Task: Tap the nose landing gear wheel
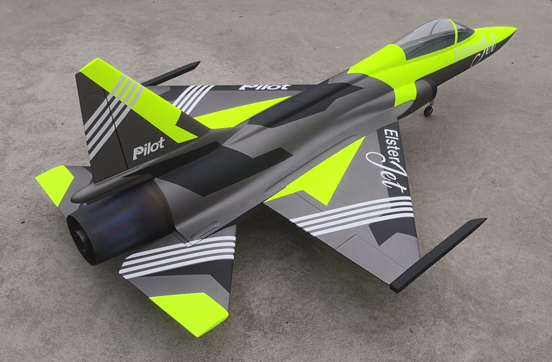coord(428,110)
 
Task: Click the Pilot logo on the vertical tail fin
coord(149,148)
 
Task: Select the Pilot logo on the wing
coord(265,87)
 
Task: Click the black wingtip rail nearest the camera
coord(438,255)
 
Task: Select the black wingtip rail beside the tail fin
coord(171,73)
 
